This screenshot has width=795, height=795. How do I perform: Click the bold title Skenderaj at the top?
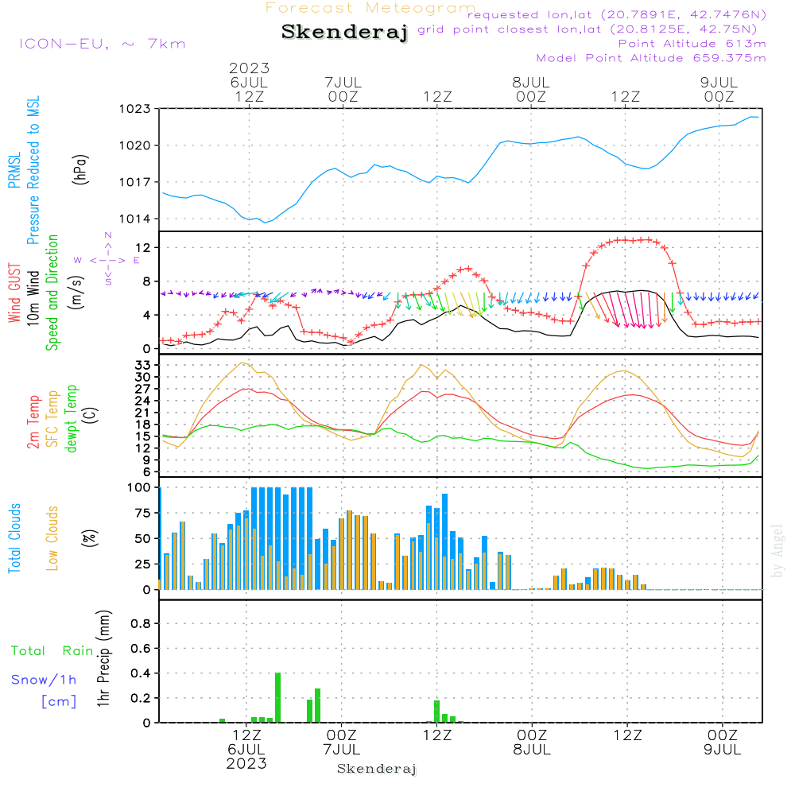344,33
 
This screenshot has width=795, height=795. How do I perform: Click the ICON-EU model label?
101,44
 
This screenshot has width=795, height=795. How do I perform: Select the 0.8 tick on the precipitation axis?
141,623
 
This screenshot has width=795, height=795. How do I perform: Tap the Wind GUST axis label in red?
14,295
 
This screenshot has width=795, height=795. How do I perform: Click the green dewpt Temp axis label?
72,419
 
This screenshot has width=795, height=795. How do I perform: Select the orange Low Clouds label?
52,538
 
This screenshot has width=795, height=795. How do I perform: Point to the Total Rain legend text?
52,651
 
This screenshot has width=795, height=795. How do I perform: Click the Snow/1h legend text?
45,681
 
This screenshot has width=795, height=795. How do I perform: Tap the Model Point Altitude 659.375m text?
651,58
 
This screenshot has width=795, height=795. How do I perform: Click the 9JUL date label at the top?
718,83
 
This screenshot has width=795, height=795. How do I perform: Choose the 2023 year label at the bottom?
246,763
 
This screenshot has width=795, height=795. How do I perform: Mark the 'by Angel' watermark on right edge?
778,551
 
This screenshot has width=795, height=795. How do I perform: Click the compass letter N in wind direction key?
108,235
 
